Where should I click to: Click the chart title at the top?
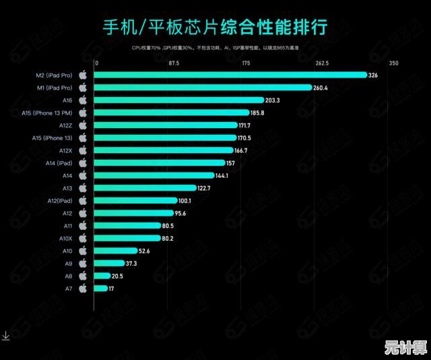pos(215,28)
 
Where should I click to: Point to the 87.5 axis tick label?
pos(174,63)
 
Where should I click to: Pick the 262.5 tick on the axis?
pos(321,63)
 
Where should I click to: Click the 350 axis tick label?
pos(394,63)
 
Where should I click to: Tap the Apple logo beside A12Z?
pos(83,125)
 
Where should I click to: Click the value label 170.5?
pos(244,138)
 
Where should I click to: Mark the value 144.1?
pos(221,175)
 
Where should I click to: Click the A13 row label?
pos(67,188)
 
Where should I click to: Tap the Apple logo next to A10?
pos(83,251)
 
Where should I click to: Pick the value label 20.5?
pos(117,276)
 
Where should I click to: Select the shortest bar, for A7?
pos(100,288)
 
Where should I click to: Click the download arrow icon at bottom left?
pos(5,336)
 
